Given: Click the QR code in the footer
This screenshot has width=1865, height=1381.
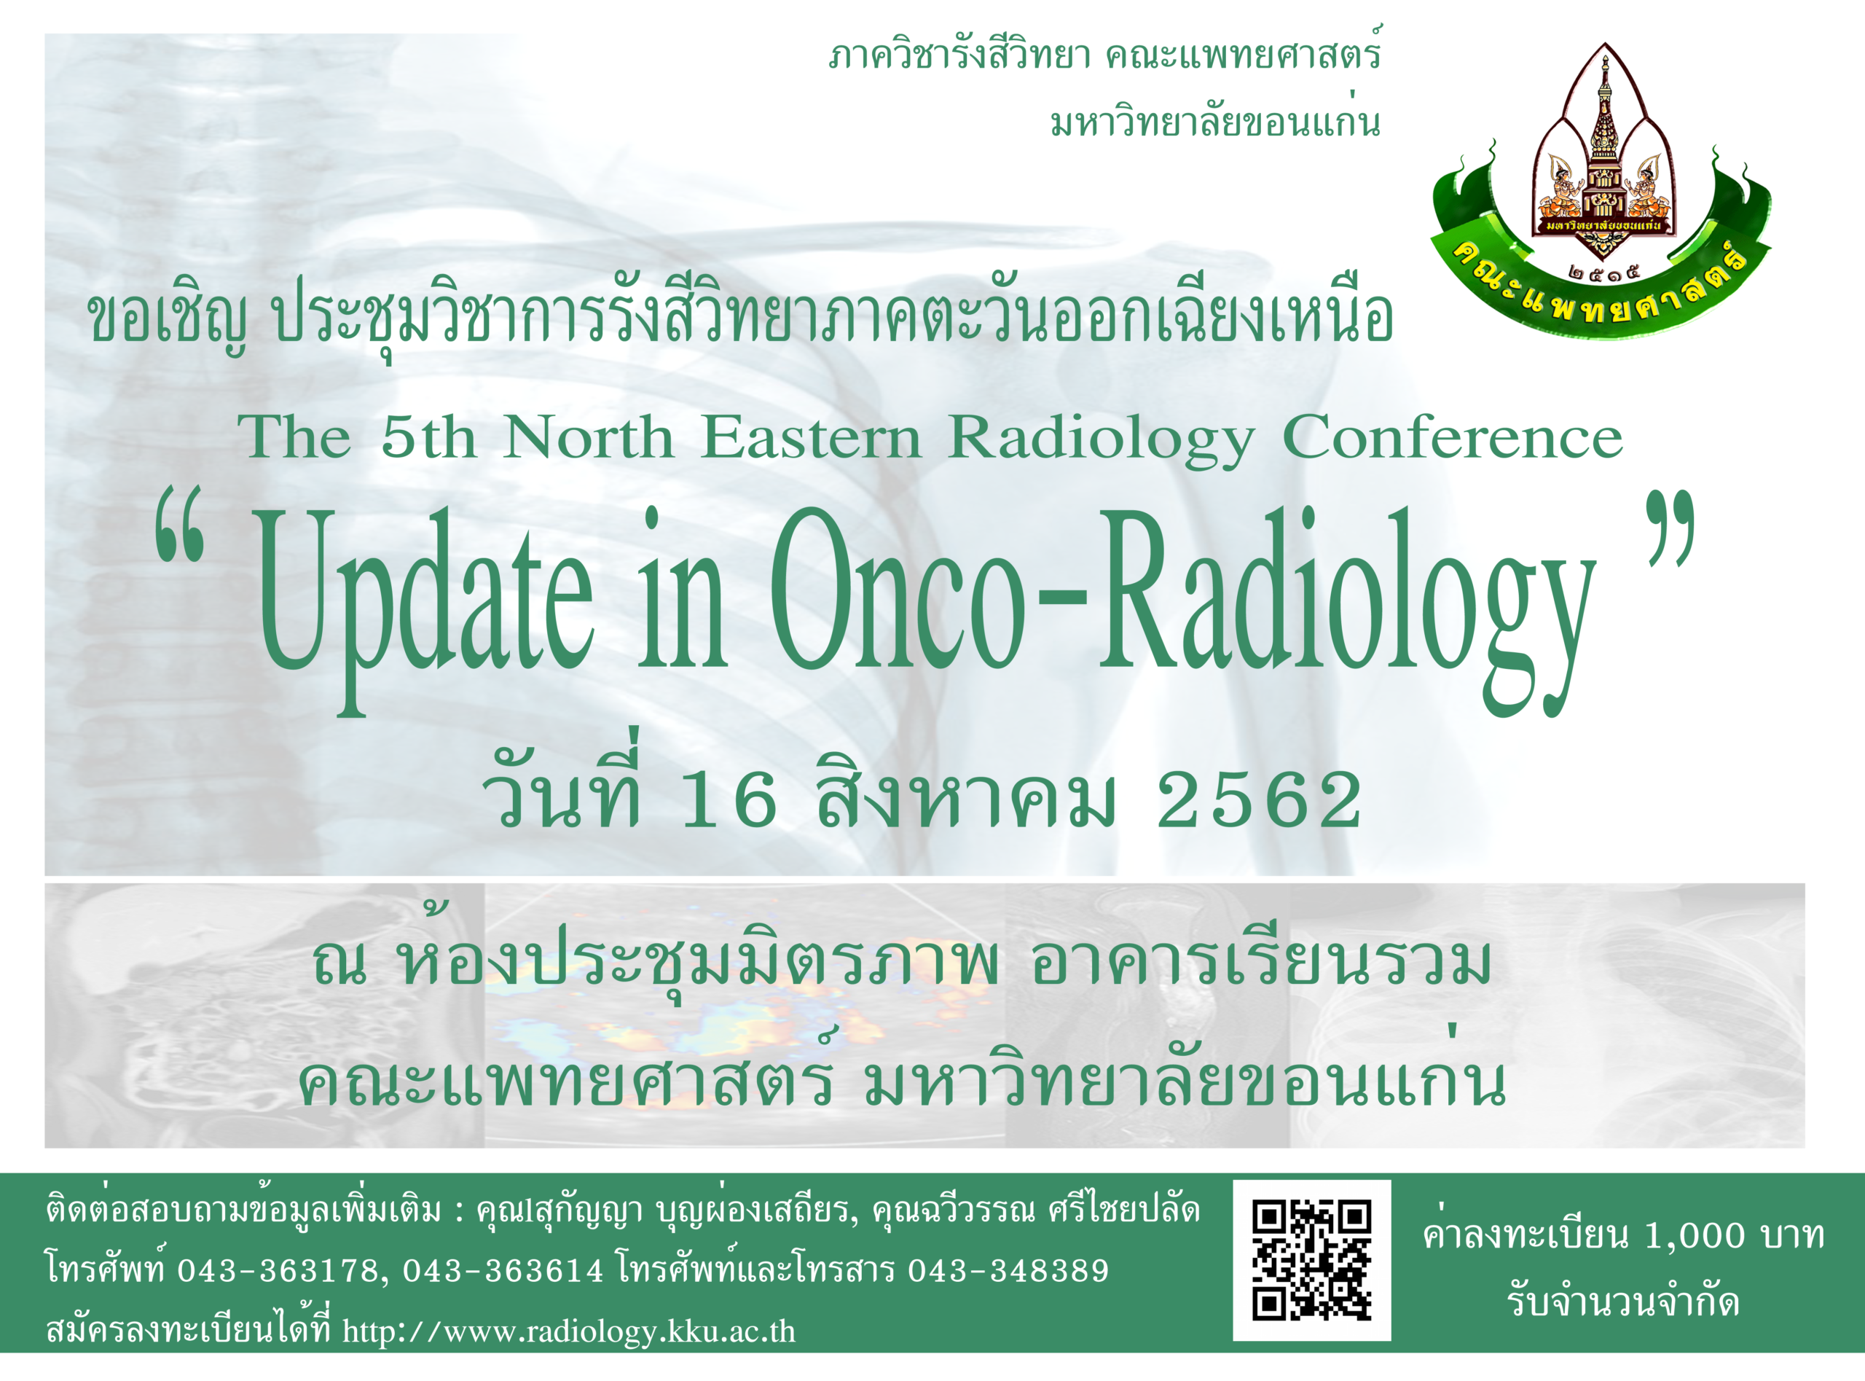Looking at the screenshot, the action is click(1312, 1261).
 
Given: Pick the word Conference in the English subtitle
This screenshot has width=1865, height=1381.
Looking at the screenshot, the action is click(1452, 438).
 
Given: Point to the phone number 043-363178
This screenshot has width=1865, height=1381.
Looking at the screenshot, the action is click(282, 1271).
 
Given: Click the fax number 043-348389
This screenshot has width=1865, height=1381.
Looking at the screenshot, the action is click(1008, 1271).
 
